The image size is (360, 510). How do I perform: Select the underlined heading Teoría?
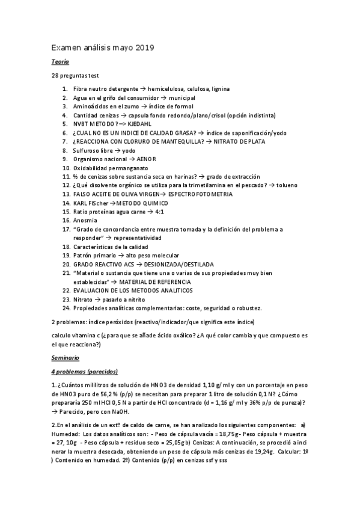coord(60,62)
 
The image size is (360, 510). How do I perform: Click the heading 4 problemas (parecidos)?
coord(84,370)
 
